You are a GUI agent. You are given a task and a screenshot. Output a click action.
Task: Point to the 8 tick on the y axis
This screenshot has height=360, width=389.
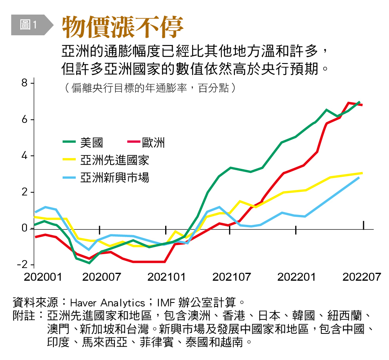click(x=24, y=83)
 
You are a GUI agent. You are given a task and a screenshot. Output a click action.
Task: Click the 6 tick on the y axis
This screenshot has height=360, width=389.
click(x=24, y=120)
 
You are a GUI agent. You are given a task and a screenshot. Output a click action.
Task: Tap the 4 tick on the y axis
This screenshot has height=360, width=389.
click(x=24, y=156)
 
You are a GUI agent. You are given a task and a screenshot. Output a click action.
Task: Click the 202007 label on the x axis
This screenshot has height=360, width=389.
click(x=101, y=277)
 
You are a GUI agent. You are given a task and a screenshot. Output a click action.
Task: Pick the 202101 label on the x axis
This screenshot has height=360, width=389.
click(x=167, y=277)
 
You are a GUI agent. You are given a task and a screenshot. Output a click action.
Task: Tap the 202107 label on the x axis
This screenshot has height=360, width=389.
click(x=232, y=277)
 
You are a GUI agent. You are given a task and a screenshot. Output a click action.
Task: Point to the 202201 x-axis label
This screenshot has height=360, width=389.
click(x=297, y=277)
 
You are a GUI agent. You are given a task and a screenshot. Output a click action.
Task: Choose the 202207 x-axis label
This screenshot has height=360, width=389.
click(x=361, y=277)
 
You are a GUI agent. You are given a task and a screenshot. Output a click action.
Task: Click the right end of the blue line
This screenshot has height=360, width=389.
click(x=359, y=178)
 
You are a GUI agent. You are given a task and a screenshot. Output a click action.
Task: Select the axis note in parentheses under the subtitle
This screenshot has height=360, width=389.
click(x=150, y=88)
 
